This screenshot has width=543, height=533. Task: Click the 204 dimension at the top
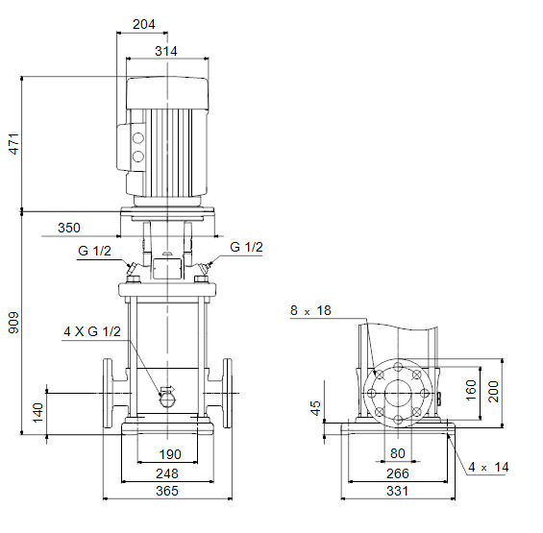pyautogui.click(x=144, y=24)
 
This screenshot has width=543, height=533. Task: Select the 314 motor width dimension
pyautogui.click(x=166, y=51)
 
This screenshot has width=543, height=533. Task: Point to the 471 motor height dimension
pyautogui.click(x=13, y=144)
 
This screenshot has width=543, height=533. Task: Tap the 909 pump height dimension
pyautogui.click(x=13, y=323)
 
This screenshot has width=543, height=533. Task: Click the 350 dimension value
pyautogui.click(x=69, y=228)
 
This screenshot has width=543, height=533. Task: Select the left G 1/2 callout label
pyautogui.click(x=94, y=251)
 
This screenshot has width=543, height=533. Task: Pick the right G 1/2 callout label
pyautogui.click(x=246, y=247)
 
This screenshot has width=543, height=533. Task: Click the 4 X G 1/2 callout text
pyautogui.click(x=92, y=331)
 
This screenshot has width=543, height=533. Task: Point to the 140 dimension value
pyautogui.click(x=38, y=413)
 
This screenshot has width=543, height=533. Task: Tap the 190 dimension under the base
pyautogui.click(x=170, y=454)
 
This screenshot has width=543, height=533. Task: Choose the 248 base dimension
pyautogui.click(x=167, y=473)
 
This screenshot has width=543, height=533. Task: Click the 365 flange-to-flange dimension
pyautogui.click(x=167, y=491)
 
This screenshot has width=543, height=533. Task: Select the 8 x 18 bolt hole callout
pyautogui.click(x=310, y=310)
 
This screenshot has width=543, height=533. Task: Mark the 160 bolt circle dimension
pyautogui.click(x=471, y=391)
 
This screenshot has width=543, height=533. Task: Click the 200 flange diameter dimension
pyautogui.click(x=493, y=392)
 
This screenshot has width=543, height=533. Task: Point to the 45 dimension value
pyautogui.click(x=316, y=408)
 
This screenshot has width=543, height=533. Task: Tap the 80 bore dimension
pyautogui.click(x=398, y=453)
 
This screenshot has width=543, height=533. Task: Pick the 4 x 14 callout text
pyautogui.click(x=488, y=468)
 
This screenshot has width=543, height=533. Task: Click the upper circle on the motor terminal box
pyautogui.click(x=138, y=138)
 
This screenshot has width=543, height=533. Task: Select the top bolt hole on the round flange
pyautogui.click(x=398, y=367)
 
